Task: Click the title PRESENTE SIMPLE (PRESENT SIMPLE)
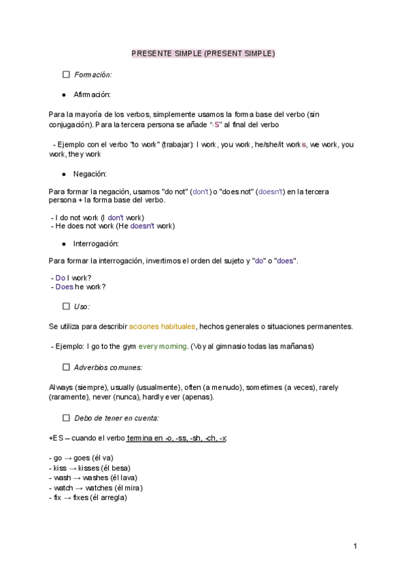(203, 54)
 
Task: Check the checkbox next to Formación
(67, 75)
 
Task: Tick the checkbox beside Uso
(67, 306)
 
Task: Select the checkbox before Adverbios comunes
(67, 367)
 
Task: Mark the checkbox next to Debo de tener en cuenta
(67, 418)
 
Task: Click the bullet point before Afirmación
(63, 94)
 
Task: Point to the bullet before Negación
(63, 174)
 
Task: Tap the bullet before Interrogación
(63, 243)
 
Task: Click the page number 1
(355, 546)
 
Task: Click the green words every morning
(163, 346)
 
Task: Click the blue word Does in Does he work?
(64, 287)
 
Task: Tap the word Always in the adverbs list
(61, 387)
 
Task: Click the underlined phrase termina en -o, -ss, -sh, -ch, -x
(177, 438)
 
